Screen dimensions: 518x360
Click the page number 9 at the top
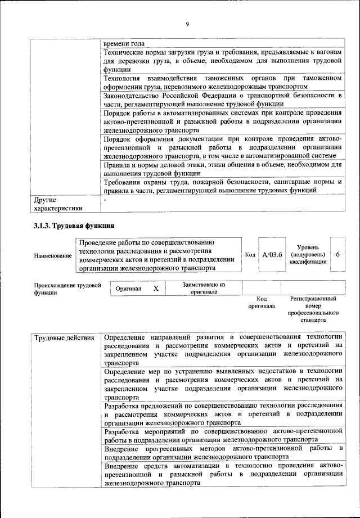(187, 24)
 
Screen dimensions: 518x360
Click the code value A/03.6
(272, 254)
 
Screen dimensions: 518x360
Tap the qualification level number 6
(337, 254)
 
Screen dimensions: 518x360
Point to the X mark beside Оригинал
(156, 288)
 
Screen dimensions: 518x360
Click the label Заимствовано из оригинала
(203, 288)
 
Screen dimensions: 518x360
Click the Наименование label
(53, 256)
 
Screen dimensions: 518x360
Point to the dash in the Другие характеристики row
(105, 200)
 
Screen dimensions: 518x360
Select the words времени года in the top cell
(125, 43)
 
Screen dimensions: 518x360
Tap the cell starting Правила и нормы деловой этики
(223, 169)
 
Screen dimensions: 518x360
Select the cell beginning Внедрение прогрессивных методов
(223, 452)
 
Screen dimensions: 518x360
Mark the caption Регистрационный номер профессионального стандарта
(313, 309)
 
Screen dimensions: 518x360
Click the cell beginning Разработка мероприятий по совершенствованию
(223, 435)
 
